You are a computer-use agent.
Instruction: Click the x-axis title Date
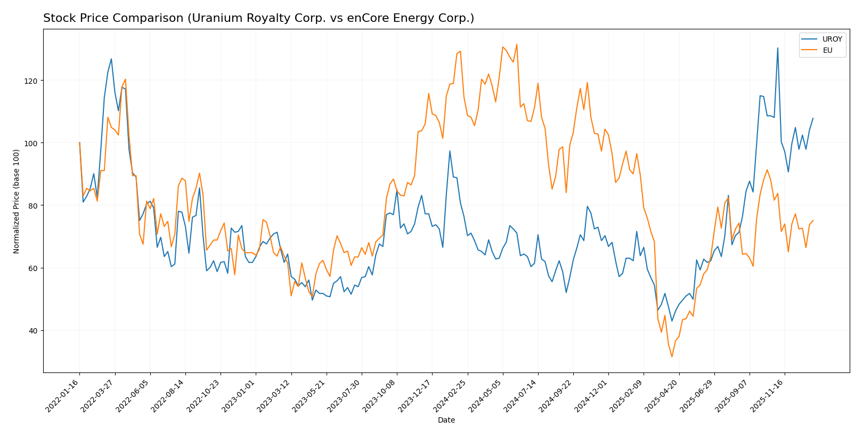[x=446, y=420]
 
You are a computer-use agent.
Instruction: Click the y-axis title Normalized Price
[x=17, y=201]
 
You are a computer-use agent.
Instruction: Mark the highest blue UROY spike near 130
[x=777, y=48]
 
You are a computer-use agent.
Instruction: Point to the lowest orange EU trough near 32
[x=672, y=356]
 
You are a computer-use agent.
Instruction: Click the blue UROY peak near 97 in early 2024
[x=450, y=151]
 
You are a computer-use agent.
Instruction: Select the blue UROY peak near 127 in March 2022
[x=111, y=59]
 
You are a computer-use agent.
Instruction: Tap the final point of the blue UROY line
[x=812, y=118]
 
